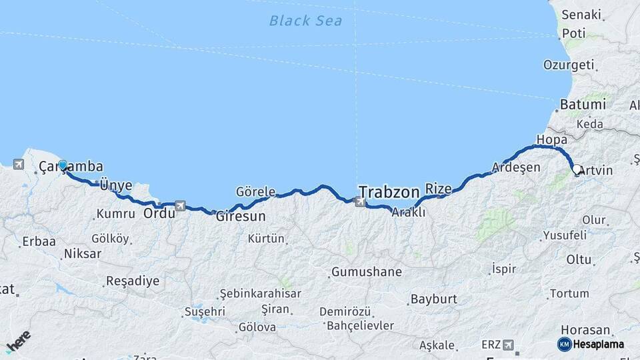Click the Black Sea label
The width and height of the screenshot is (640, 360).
pos(305,21)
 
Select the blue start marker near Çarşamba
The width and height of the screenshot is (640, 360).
pos(63,165)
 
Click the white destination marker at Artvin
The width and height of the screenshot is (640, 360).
pos(577,170)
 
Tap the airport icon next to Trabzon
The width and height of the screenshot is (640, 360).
pos(361,201)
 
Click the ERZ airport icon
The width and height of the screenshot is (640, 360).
pos(510,345)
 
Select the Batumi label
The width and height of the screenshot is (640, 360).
pos(583,105)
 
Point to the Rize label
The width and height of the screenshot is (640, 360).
pos(439,189)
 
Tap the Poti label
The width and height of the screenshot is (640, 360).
pos(573,33)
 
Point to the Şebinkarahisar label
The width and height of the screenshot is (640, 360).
pos(261,293)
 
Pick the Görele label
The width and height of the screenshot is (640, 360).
pos(255,192)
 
